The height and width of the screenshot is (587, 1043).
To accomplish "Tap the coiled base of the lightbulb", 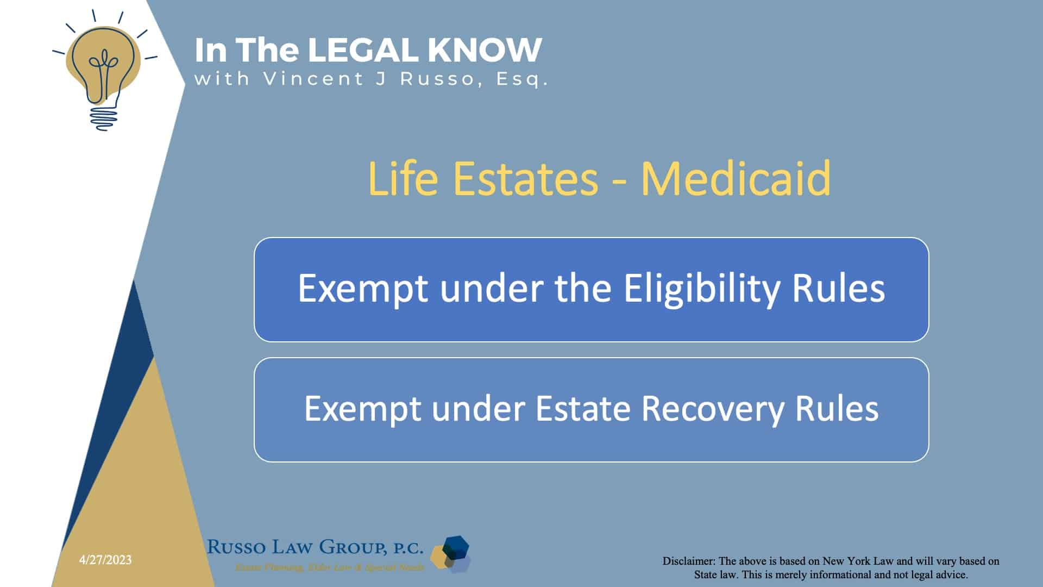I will coord(103,117).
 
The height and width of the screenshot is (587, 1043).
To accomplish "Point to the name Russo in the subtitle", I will coord(437,79).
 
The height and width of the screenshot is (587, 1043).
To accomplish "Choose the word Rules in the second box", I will coord(837,408).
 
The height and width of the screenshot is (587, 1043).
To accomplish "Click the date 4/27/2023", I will coord(105,560).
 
